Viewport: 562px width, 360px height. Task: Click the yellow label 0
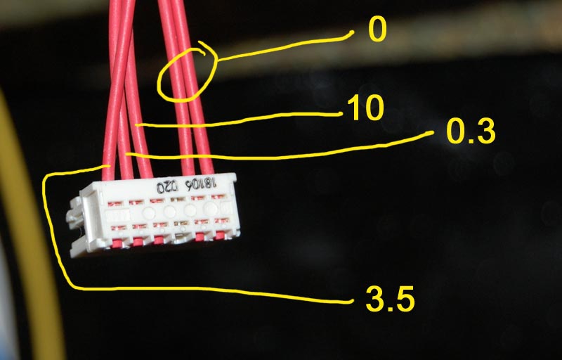[x=377, y=30]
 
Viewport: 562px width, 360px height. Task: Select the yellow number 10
[x=365, y=108]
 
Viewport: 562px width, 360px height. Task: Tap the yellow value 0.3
[x=470, y=131]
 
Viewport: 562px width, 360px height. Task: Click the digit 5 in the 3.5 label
[x=403, y=299]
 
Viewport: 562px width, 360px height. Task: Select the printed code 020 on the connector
[x=166, y=187]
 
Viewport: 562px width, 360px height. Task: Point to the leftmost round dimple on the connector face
[x=149, y=212]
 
